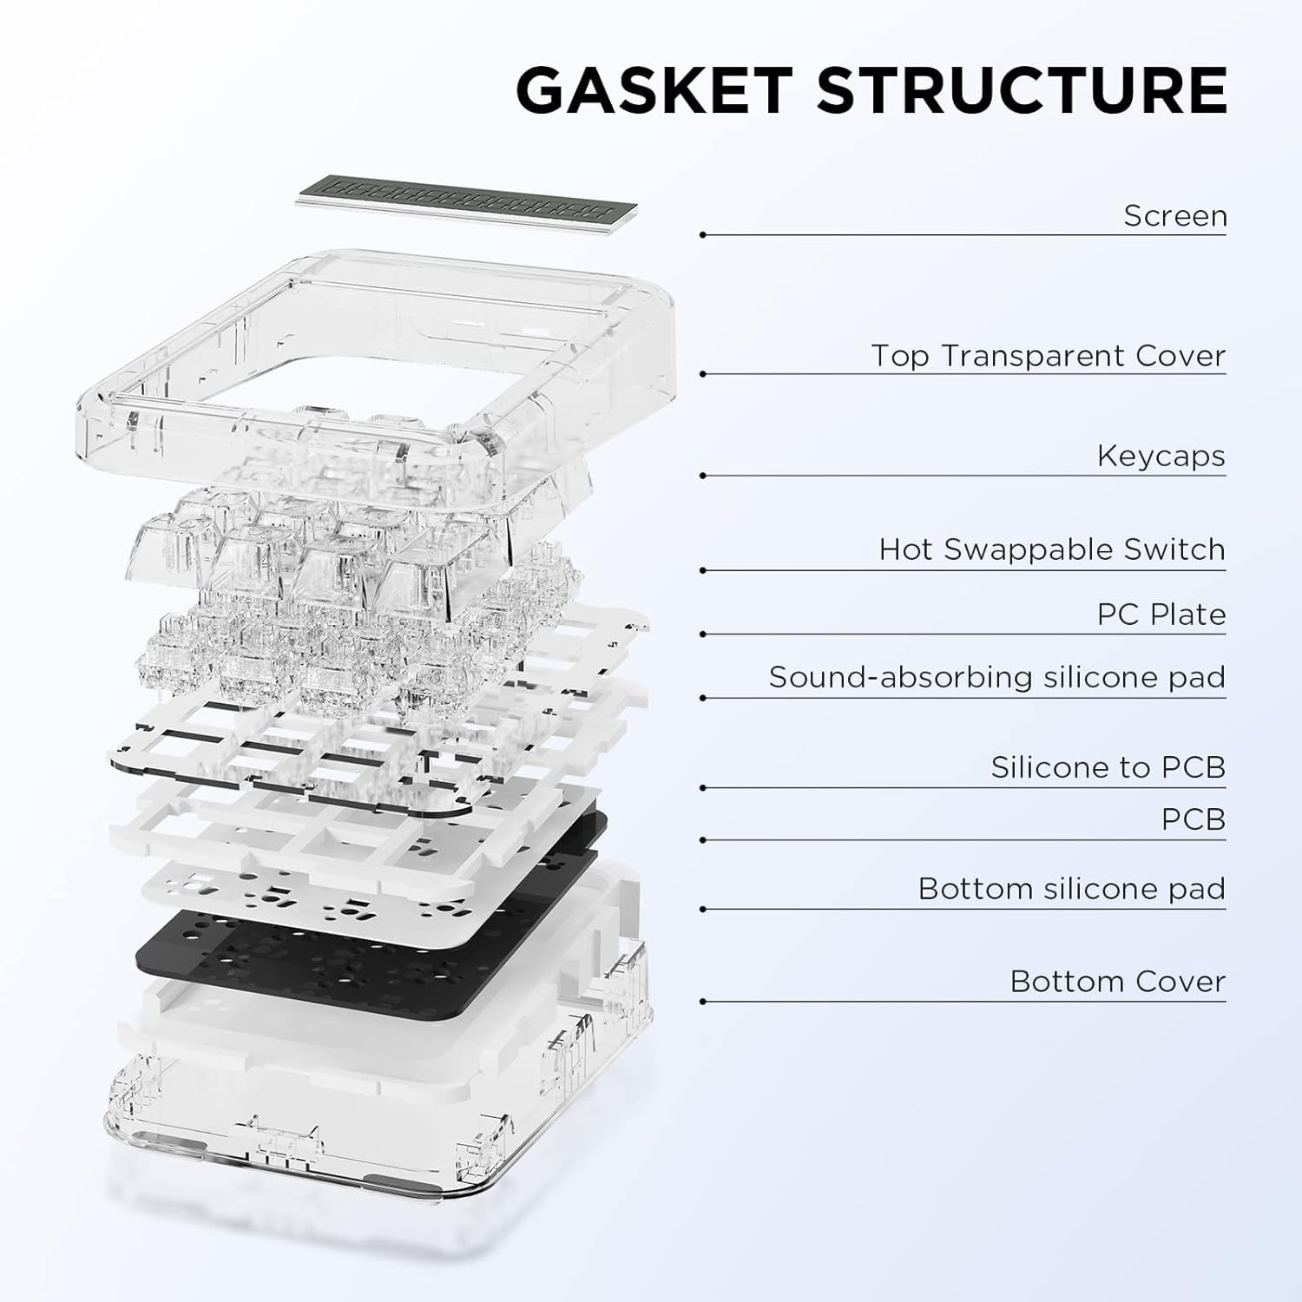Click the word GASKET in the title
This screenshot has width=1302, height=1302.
(654, 90)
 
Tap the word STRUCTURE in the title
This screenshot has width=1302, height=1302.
(1022, 90)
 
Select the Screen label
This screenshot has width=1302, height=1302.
(1174, 215)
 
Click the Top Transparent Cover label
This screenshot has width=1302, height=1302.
(1048, 356)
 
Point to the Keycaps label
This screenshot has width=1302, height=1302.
(1161, 456)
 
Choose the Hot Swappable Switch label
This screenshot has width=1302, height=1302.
(1051, 549)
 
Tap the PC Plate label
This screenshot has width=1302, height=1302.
(1161, 615)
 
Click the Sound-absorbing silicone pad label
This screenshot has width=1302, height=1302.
(996, 677)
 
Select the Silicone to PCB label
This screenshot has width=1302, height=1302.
(1108, 767)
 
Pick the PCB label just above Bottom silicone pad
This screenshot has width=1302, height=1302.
(1193, 819)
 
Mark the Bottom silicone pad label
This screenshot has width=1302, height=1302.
(1071, 889)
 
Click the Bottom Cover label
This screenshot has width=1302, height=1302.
(1117, 982)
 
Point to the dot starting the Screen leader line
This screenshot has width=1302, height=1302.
(702, 235)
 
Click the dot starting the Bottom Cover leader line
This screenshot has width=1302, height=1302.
(702, 1003)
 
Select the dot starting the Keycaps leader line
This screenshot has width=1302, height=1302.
(702, 476)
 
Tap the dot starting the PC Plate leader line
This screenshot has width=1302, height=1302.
(702, 635)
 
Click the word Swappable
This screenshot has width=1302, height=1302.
(1029, 549)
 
